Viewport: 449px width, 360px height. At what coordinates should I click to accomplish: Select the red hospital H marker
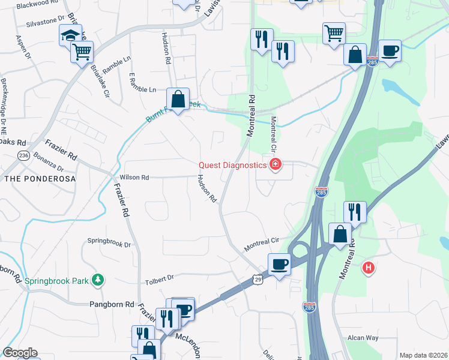point(369,268)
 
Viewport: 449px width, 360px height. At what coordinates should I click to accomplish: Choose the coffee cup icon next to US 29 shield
point(279,263)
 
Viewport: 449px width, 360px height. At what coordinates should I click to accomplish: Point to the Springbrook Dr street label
point(109,244)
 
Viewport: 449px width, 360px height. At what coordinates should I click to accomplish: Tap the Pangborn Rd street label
point(112,305)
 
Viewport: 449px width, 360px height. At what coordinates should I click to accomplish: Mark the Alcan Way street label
point(363,338)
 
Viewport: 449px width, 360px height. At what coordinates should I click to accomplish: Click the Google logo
point(19,353)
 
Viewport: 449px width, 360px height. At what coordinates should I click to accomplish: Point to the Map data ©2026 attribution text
point(423,355)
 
